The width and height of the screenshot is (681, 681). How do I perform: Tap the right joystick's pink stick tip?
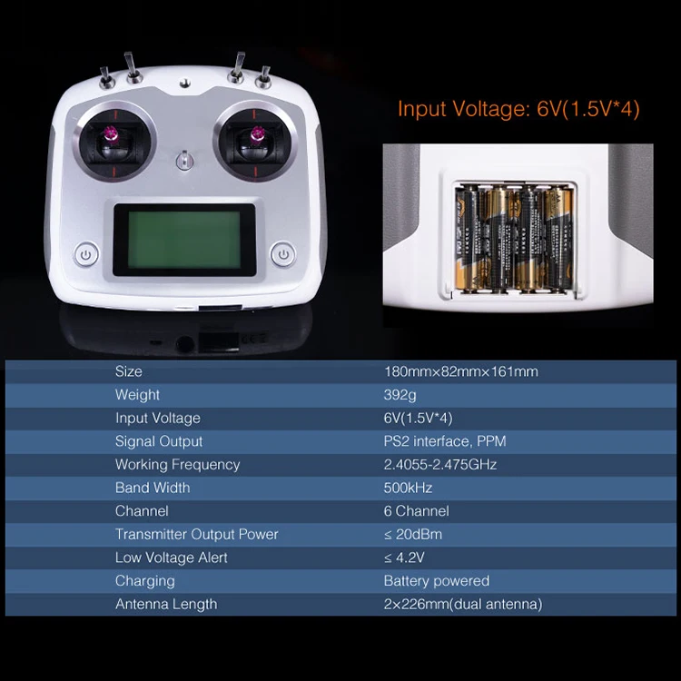pyautogui.click(x=257, y=135)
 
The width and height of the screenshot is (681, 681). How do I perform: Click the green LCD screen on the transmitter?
pyautogui.click(x=184, y=240)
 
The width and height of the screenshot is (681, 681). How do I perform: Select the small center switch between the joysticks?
pyautogui.click(x=184, y=160)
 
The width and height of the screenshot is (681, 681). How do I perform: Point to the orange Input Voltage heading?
pyautogui.click(x=518, y=109)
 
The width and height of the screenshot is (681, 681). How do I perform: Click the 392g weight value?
pyautogui.click(x=400, y=395)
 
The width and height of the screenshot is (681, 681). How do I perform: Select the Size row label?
pyautogui.click(x=129, y=371)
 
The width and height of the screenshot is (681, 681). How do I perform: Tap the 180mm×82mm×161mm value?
pyautogui.click(x=460, y=371)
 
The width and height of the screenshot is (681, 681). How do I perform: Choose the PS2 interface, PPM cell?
pyautogui.click(x=445, y=441)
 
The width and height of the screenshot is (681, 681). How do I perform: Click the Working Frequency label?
pyautogui.click(x=177, y=465)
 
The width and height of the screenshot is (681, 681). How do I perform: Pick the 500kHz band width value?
pyautogui.click(x=408, y=488)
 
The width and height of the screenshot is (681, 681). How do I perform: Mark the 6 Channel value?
pyautogui.click(x=416, y=511)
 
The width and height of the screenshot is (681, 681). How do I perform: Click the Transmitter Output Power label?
pyautogui.click(x=196, y=534)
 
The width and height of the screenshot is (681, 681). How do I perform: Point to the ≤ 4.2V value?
pyautogui.click(x=404, y=558)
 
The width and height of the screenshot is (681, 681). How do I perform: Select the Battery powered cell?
pyautogui.click(x=437, y=581)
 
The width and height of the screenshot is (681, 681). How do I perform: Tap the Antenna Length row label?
pyautogui.click(x=166, y=604)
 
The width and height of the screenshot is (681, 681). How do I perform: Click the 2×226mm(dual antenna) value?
pyautogui.click(x=463, y=604)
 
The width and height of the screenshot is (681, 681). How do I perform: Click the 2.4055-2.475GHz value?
pyautogui.click(x=440, y=465)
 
